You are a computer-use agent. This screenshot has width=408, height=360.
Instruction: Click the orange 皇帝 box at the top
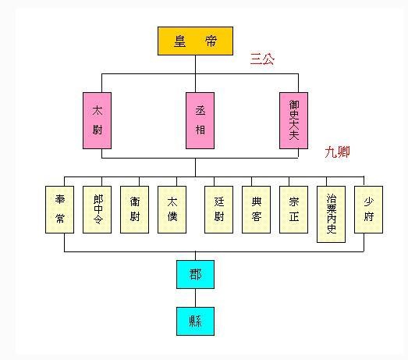pyautogui.click(x=195, y=41)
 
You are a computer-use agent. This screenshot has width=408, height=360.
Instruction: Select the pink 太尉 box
pyautogui.click(x=97, y=120)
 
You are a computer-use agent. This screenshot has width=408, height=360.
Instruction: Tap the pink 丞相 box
pyautogui.click(x=200, y=120)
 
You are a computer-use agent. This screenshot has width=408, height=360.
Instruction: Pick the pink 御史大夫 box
pyautogui.click(x=294, y=120)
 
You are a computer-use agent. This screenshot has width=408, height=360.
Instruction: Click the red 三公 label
pyautogui.click(x=262, y=59)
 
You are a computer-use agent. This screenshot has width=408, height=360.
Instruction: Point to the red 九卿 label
pyautogui.click(x=337, y=151)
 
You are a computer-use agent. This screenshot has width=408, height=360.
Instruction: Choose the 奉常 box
pyautogui.click(x=59, y=209)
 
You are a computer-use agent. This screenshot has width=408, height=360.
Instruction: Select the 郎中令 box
pyautogui.click(x=97, y=209)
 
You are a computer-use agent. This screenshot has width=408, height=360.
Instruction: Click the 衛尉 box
pyautogui.click(x=134, y=209)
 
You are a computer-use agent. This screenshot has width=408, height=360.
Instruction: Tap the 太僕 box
pyautogui.click(x=172, y=209)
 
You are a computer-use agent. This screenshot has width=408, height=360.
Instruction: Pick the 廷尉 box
pyautogui.click(x=219, y=209)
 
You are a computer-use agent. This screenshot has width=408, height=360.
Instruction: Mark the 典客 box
pyautogui.click(x=257, y=209)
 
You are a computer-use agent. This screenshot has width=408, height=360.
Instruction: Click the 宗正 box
pyautogui.click(x=294, y=209)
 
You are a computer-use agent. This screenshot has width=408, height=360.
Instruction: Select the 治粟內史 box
pyautogui.click(x=332, y=214)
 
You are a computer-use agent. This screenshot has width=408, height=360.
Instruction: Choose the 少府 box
pyautogui.click(x=369, y=209)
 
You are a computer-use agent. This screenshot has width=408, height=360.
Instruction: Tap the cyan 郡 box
pyautogui.click(x=195, y=274)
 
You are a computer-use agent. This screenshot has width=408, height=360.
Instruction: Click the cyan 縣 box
pyautogui.click(x=195, y=321)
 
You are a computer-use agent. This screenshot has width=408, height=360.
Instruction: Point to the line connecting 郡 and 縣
pyautogui.click(x=195, y=298)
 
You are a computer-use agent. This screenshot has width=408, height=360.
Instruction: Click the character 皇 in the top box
pyautogui.click(x=179, y=41)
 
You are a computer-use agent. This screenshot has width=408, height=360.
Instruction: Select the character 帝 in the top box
pyautogui.click(x=211, y=41)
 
